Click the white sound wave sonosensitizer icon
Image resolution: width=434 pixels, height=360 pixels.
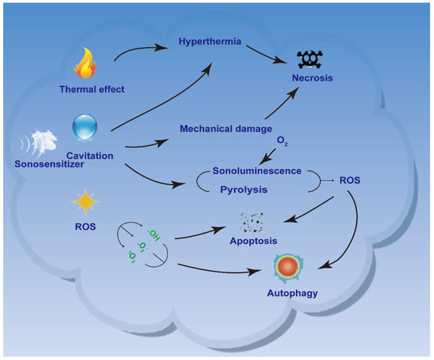pyautogui.click(x=39, y=143)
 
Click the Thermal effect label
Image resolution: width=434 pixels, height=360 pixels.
pyautogui.click(x=88, y=88)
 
